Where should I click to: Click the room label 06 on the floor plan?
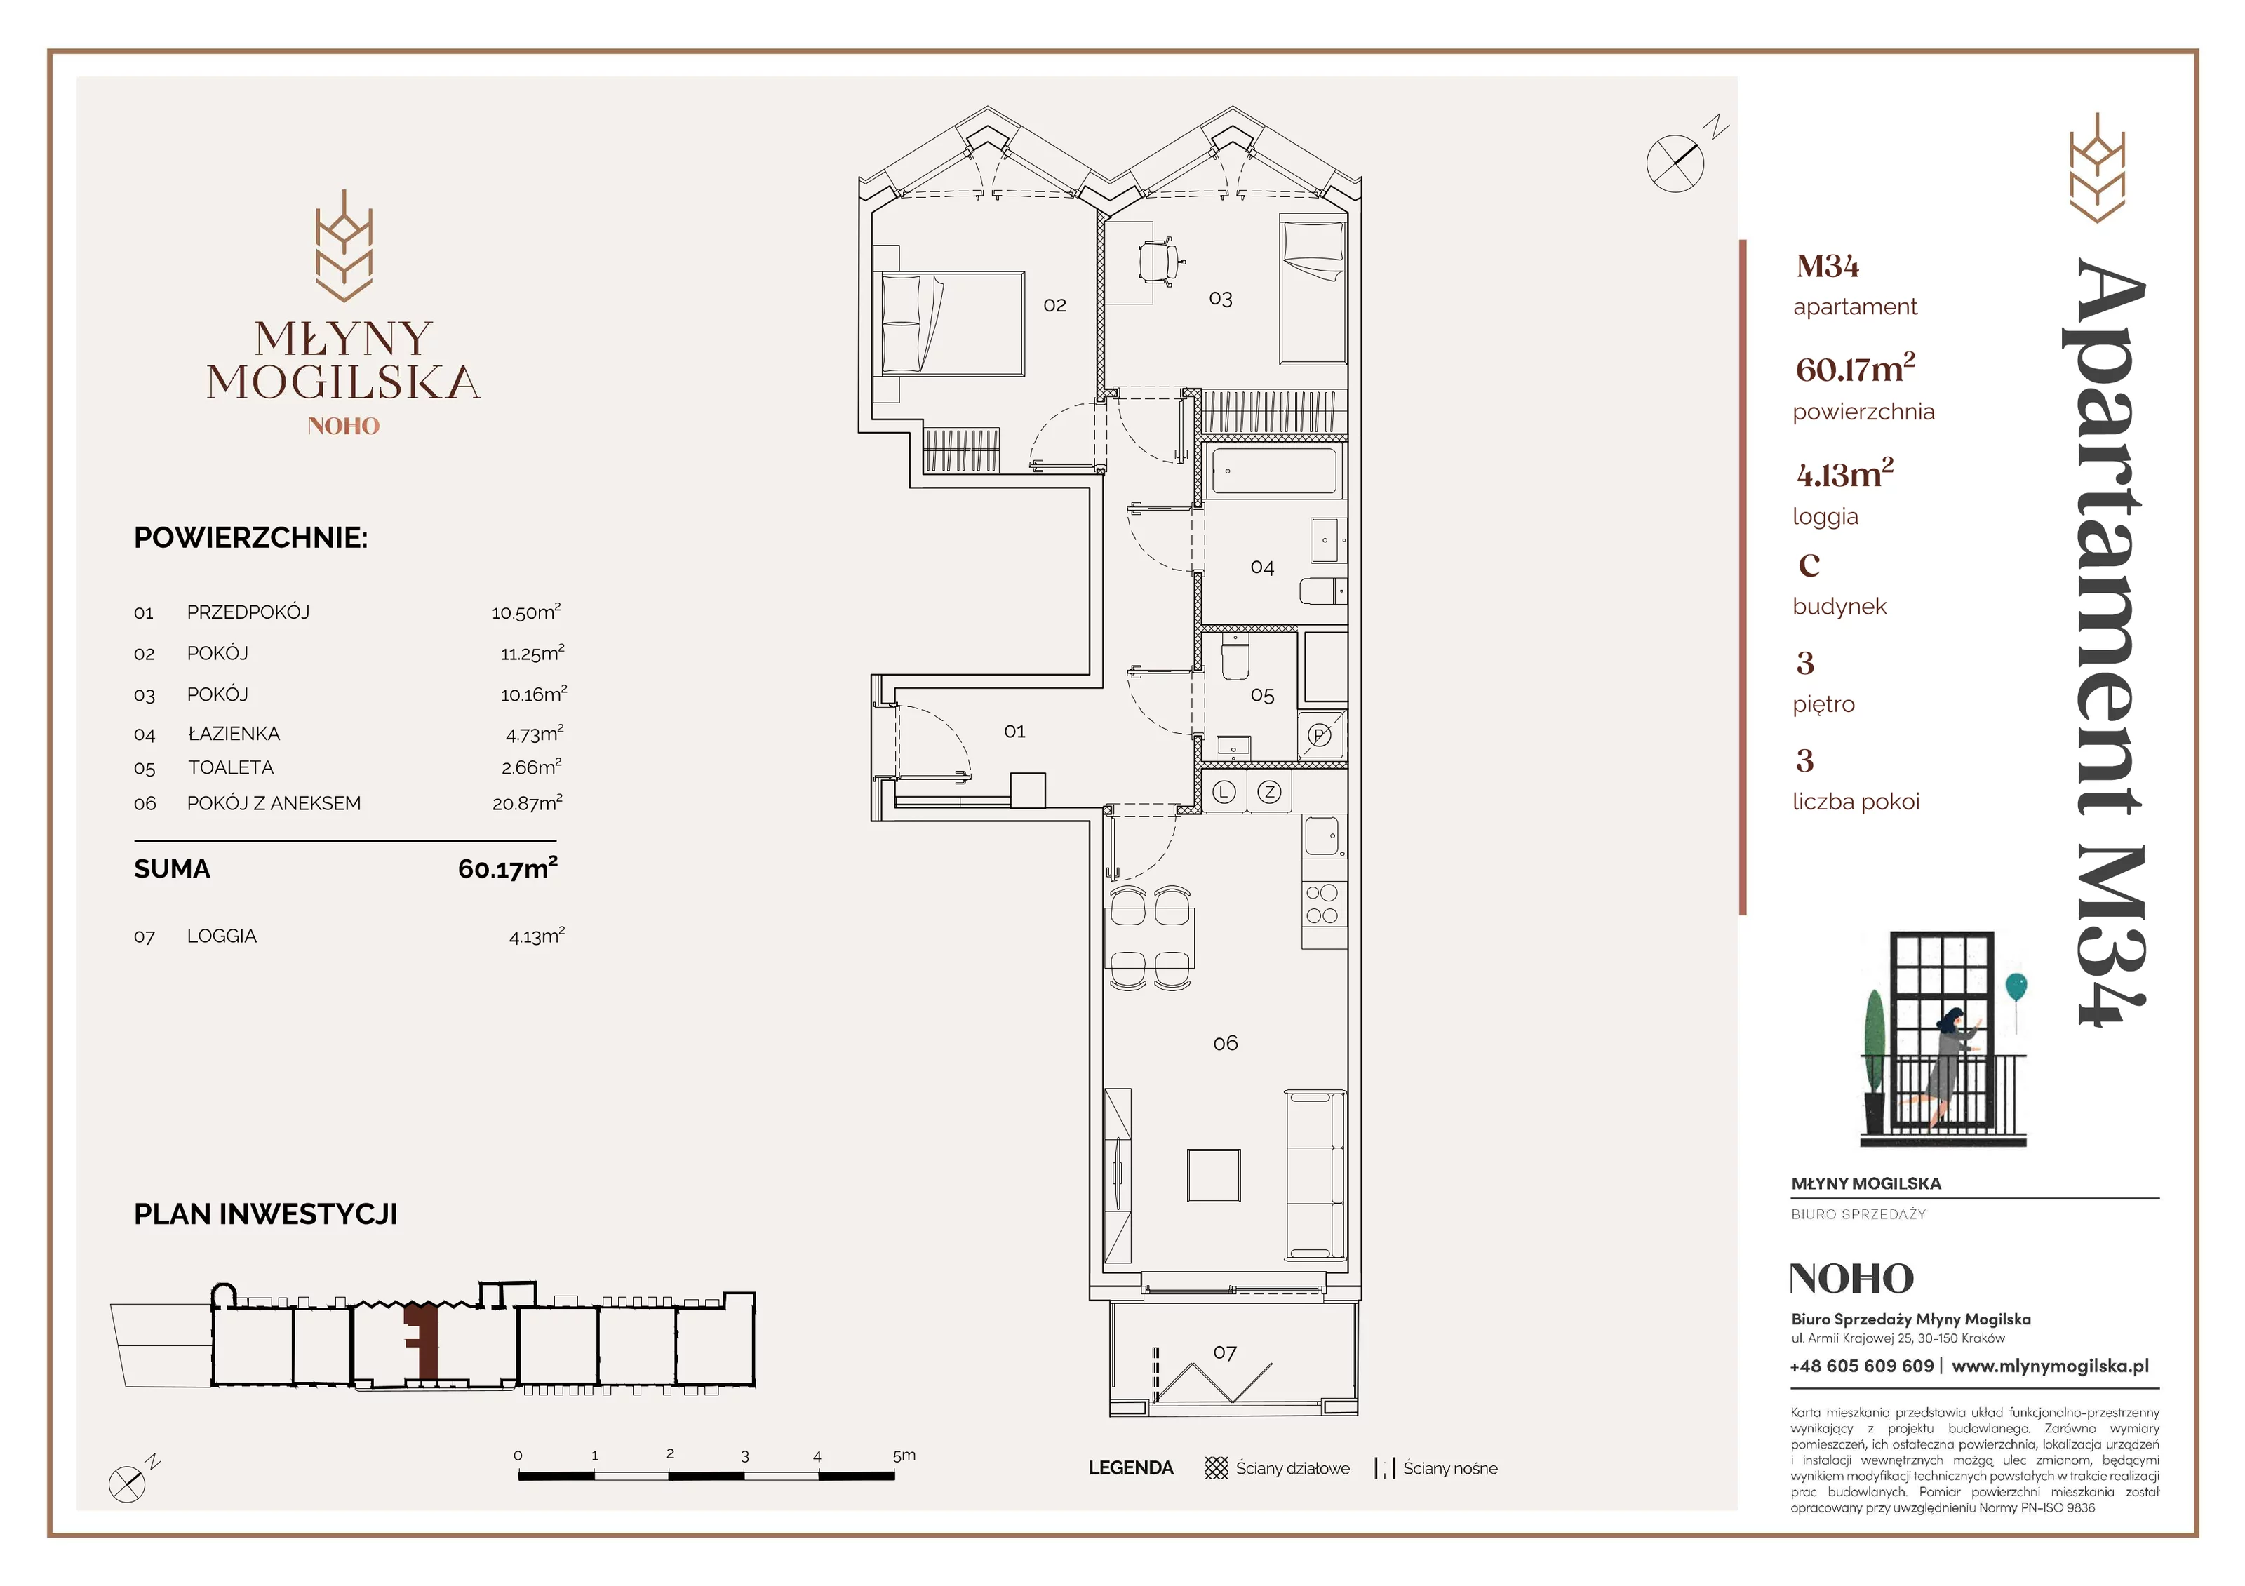click(x=1225, y=1043)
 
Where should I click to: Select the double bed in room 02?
click(x=952, y=323)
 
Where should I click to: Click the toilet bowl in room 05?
click(x=1236, y=657)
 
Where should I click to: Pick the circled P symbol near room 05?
click(x=1320, y=735)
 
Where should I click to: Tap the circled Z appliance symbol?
click(x=1269, y=792)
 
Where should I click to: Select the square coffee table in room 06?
click(x=1214, y=1174)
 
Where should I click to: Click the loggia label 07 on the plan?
click(x=1225, y=1352)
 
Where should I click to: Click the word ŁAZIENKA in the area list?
click(x=234, y=732)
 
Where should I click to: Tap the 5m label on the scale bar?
click(x=904, y=1455)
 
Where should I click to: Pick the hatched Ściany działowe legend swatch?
click(x=1217, y=1467)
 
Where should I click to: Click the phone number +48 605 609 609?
click(x=1862, y=1366)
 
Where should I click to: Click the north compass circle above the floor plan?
click(x=1675, y=162)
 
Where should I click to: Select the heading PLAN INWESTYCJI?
click(x=266, y=1214)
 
